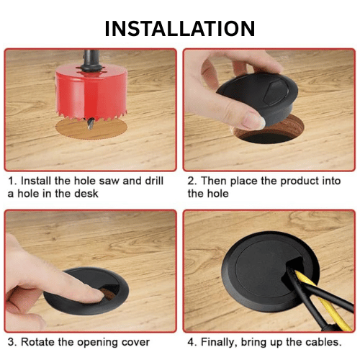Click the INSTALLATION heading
click(180, 29)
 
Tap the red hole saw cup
click(91, 92)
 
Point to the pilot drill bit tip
click(90, 128)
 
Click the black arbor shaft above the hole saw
click(91, 60)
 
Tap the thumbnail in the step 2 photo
click(253, 120)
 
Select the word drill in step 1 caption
click(154, 181)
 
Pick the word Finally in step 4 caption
click(219, 342)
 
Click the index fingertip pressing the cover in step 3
click(97, 296)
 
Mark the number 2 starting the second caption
click(191, 181)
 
